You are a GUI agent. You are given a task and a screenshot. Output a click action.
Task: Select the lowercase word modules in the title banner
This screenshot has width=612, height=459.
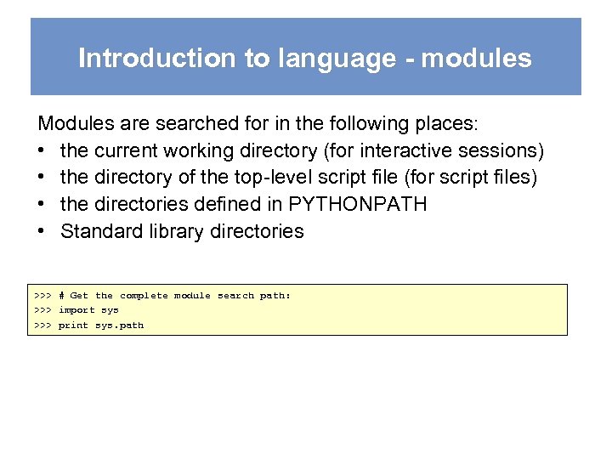point(476,58)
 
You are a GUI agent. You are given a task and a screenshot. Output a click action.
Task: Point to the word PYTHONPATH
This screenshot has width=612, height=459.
point(358,204)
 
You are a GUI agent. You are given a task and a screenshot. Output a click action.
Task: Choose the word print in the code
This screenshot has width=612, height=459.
point(73,326)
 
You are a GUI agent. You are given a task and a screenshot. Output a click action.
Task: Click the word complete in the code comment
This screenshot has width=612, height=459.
point(144,296)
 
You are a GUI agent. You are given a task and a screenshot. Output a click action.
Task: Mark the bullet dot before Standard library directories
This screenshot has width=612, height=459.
point(43,231)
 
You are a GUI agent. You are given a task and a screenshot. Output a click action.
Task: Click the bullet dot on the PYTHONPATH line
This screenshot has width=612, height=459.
point(43,204)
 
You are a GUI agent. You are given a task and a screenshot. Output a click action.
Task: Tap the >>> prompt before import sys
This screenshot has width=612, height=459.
point(43,310)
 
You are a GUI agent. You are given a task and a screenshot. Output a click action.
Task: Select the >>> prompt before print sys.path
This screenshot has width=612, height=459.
point(43,326)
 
